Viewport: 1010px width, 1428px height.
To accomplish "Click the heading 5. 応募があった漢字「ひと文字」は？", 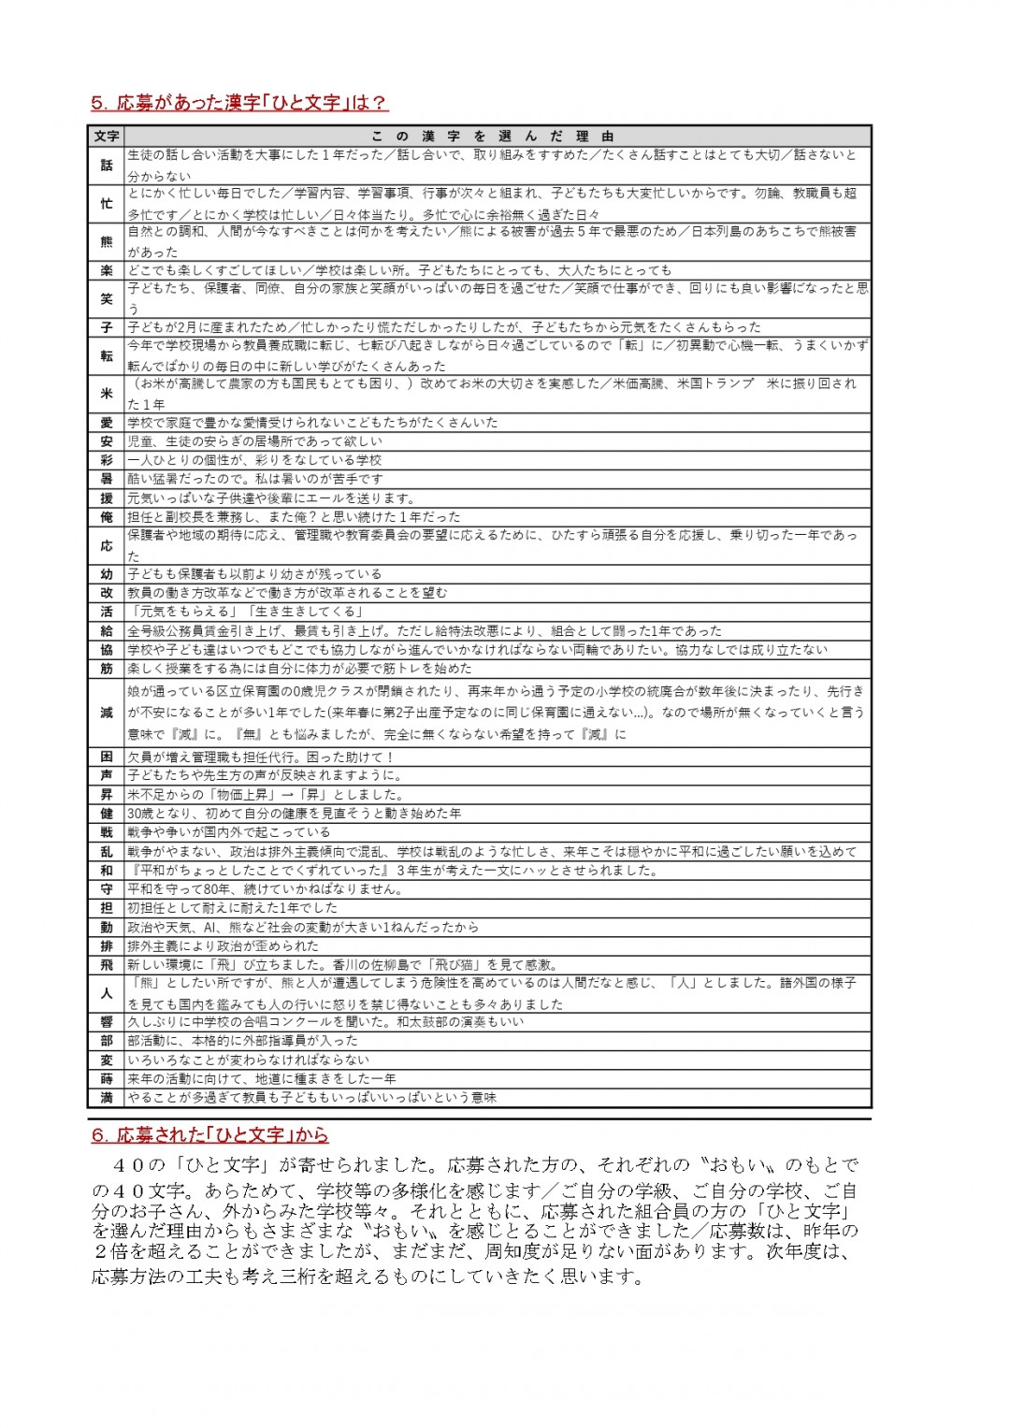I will [239, 103].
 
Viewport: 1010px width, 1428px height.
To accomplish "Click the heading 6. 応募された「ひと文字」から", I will [209, 1135].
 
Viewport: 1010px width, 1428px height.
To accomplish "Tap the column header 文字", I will [107, 137].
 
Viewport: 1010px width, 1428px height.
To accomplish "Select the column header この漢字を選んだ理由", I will [493, 137].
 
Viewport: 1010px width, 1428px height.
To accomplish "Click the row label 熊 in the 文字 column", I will [107, 242].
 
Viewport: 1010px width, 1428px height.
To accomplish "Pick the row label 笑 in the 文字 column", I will [107, 299].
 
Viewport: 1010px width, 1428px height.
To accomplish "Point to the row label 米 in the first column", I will [107, 394].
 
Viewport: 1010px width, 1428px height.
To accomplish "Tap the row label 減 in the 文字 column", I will [107, 713].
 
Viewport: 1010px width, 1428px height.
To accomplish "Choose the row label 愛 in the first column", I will [107, 423].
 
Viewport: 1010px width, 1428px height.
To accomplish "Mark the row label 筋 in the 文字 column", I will [107, 669].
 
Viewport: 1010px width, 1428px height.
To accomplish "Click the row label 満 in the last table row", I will [107, 1098].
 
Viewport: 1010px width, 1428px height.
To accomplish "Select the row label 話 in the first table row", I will [107, 166].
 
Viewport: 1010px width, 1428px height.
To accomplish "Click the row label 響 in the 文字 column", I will [107, 1022].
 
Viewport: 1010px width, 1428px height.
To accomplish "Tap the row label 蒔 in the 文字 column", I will [107, 1079].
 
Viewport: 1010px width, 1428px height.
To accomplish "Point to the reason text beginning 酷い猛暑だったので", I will [255, 479].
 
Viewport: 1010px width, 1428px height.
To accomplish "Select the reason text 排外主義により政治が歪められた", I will [224, 945].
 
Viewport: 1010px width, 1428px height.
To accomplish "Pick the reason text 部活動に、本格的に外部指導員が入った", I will [242, 1041].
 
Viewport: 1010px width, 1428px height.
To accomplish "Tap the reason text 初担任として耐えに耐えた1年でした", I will [232, 908].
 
